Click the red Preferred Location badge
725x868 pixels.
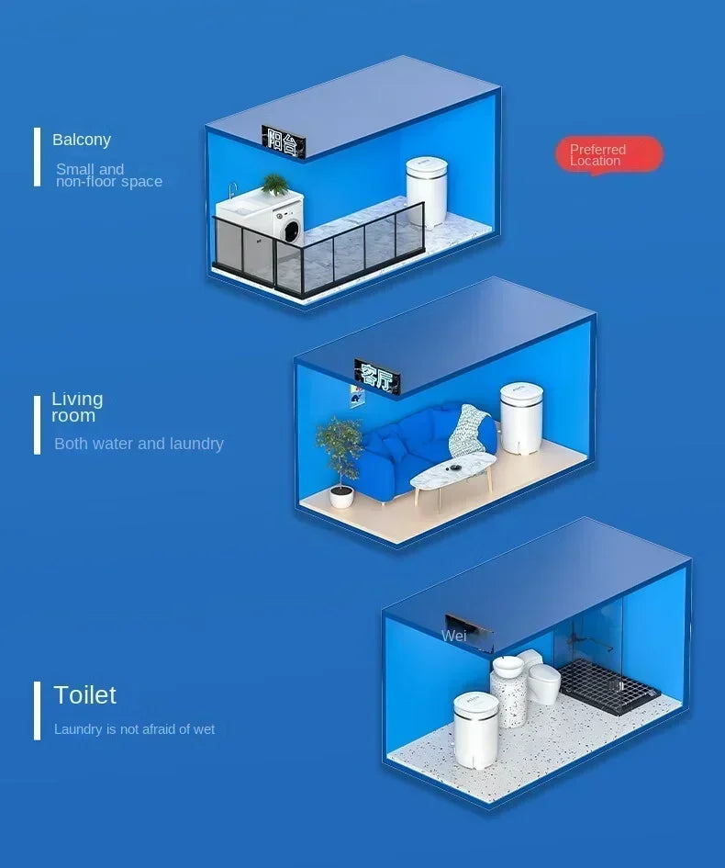point(608,155)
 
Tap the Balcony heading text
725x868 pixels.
point(82,140)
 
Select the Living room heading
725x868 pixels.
point(77,407)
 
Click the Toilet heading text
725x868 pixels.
point(84,694)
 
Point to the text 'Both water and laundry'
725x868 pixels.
point(139,444)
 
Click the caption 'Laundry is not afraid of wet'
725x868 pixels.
point(134,729)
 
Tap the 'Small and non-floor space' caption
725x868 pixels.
point(109,175)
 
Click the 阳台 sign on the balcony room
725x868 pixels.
point(284,142)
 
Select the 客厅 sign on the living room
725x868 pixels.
point(377,377)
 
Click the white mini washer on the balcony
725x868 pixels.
point(427,191)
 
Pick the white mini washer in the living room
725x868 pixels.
point(521,417)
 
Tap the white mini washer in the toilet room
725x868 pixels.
point(475,728)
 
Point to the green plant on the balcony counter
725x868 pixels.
point(274,185)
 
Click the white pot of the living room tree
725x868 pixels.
point(341,497)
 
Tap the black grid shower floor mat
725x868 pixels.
point(608,686)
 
